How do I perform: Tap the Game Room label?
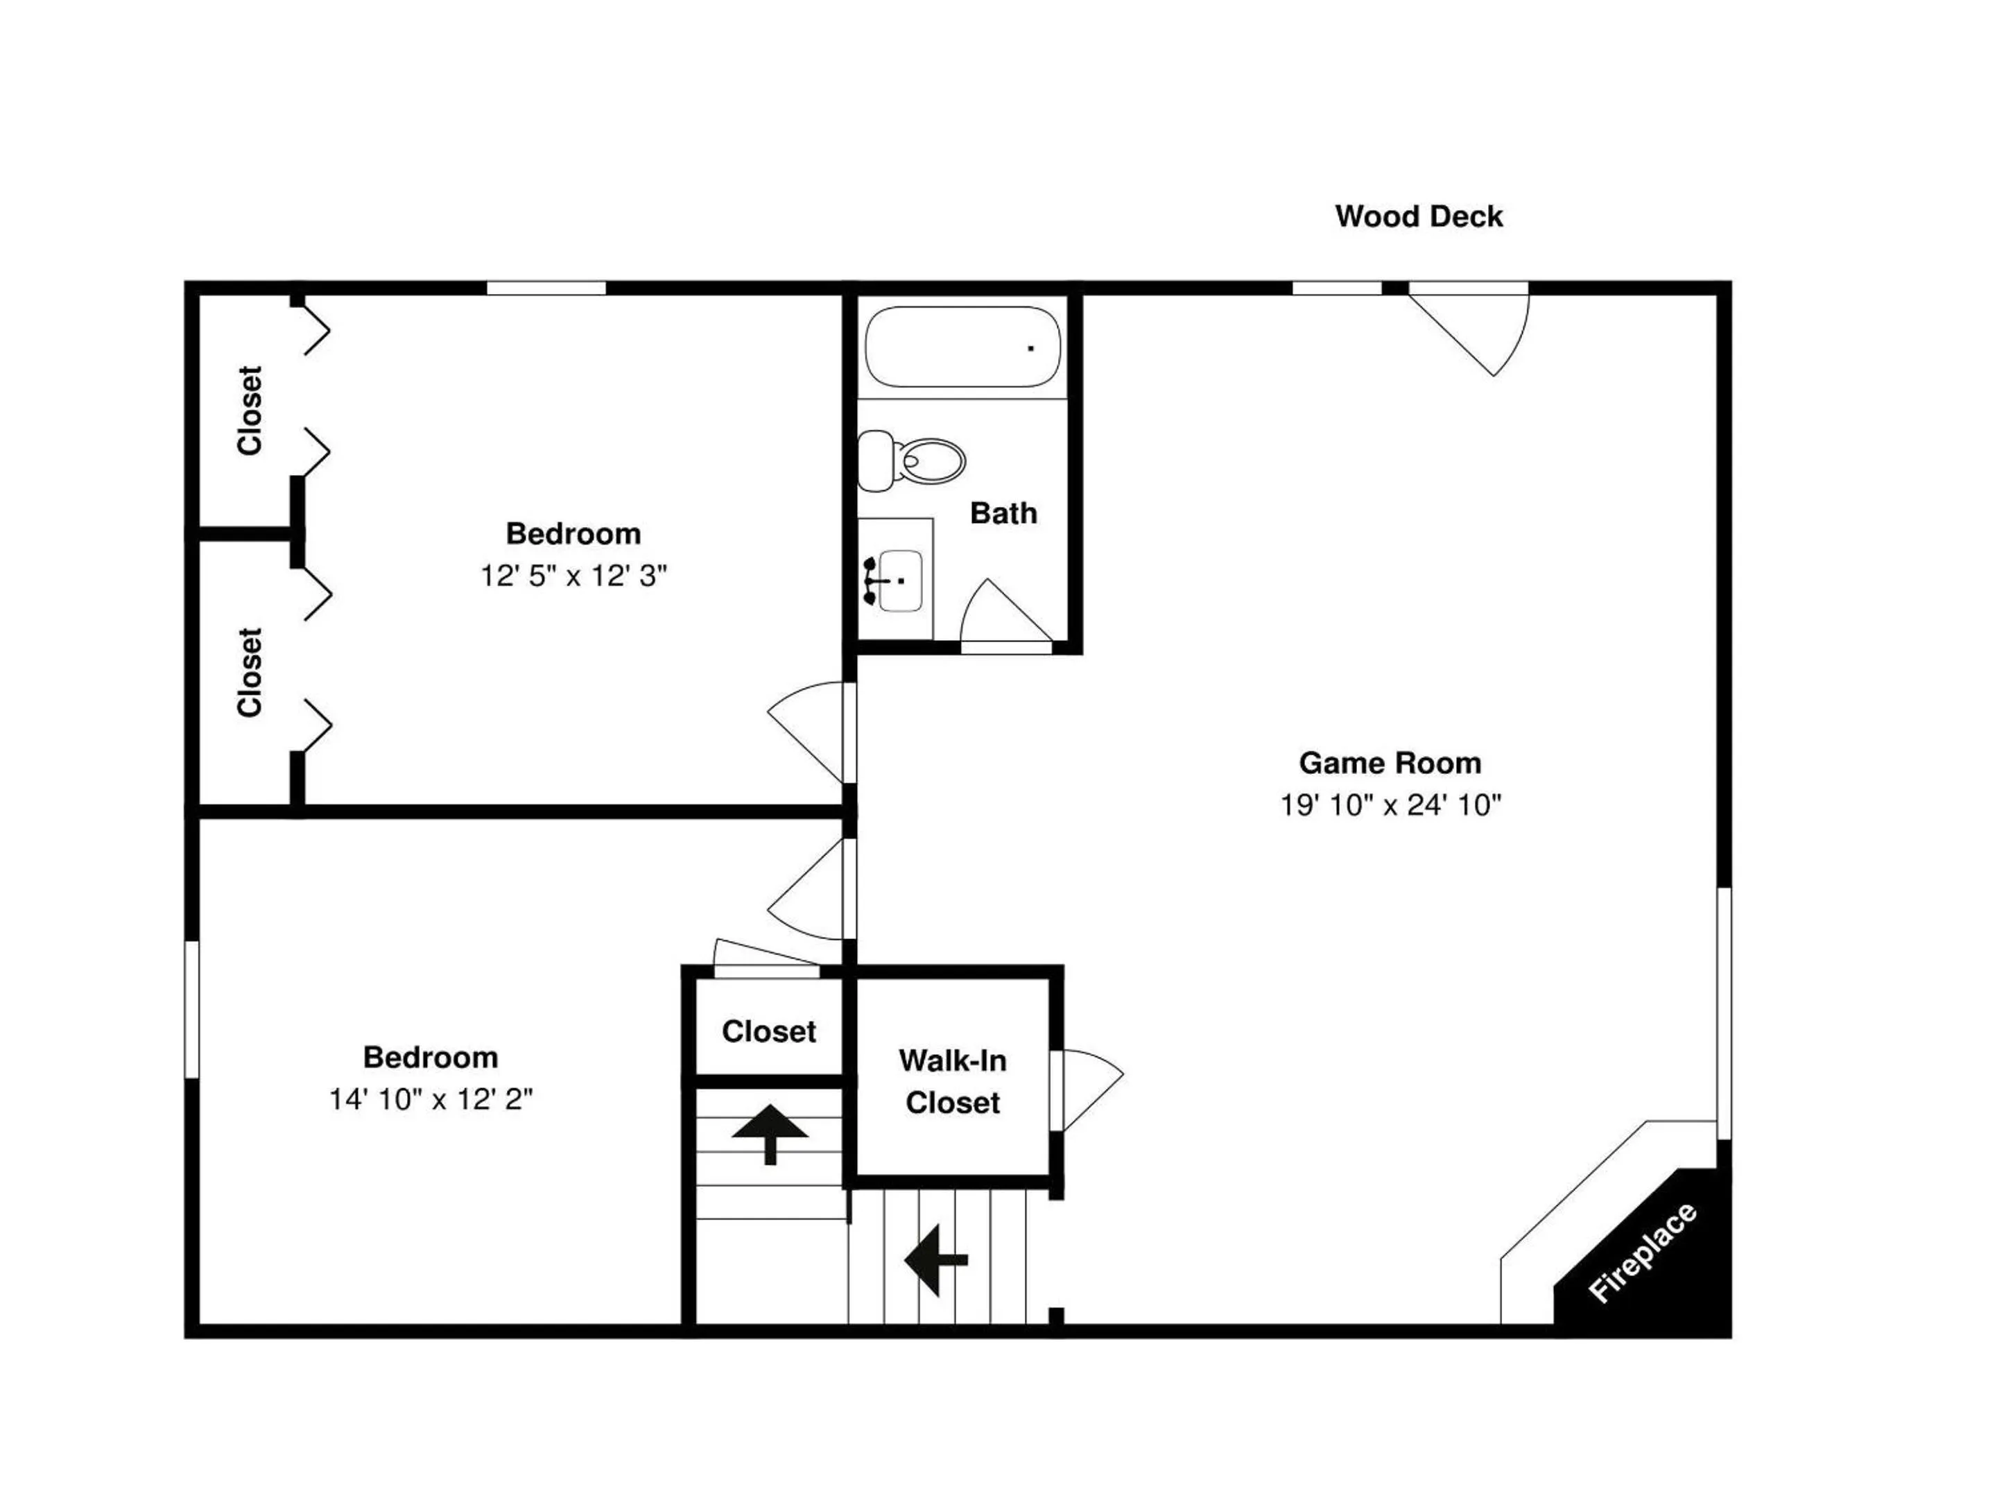pyautogui.click(x=1390, y=763)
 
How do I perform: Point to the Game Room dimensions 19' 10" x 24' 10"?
pyautogui.click(x=1390, y=804)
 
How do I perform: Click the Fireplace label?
pyautogui.click(x=1642, y=1252)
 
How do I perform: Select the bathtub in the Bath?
pyautogui.click(x=962, y=347)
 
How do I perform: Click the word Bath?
pyautogui.click(x=1003, y=513)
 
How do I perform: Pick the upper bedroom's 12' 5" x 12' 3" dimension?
pyautogui.click(x=573, y=575)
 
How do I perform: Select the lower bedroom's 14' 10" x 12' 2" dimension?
pyautogui.click(x=431, y=1099)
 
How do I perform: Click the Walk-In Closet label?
pyautogui.click(x=953, y=1081)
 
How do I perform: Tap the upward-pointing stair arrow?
pyautogui.click(x=770, y=1134)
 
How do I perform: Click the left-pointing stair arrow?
pyautogui.click(x=936, y=1259)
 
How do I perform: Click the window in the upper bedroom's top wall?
pyautogui.click(x=546, y=288)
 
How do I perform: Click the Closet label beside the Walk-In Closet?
pyautogui.click(x=769, y=1031)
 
